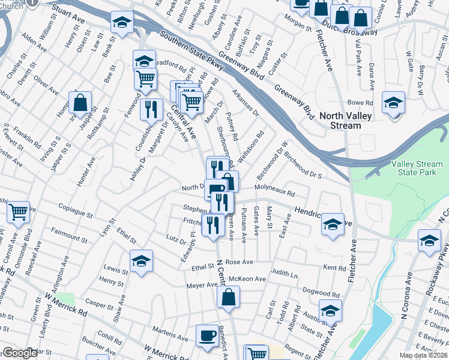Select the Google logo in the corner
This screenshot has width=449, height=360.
(x=20, y=353)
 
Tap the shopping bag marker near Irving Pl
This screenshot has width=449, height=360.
(x=80, y=103)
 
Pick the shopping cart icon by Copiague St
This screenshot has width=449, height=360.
(x=19, y=211)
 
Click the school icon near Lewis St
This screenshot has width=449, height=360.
(x=141, y=261)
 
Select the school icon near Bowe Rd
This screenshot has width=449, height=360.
(x=394, y=103)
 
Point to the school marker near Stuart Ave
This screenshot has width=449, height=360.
(x=122, y=23)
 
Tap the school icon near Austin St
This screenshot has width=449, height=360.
(x=330, y=310)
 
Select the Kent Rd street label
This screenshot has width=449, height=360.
(x=335, y=266)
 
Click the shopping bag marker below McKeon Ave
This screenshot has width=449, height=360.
(x=229, y=297)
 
